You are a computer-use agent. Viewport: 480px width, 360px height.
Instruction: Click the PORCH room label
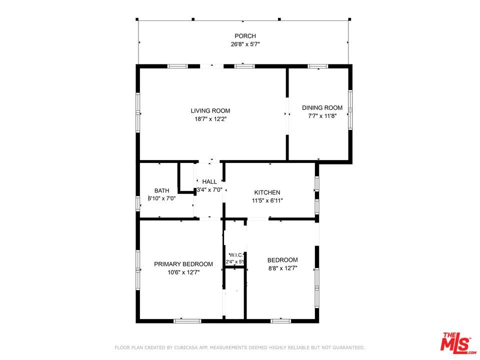pyautogui.click(x=245, y=36)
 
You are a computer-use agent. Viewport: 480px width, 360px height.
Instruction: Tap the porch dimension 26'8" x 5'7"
pyautogui.click(x=245, y=44)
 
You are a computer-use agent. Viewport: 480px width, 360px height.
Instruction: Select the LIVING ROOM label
pyautogui.click(x=210, y=111)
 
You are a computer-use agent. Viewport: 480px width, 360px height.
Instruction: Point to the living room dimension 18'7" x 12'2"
pyautogui.click(x=210, y=119)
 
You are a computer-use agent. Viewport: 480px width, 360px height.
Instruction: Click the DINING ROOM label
pyautogui.click(x=322, y=108)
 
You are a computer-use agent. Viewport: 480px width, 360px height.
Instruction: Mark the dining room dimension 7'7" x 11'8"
pyautogui.click(x=322, y=116)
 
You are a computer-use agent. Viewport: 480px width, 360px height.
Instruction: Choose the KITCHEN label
pyautogui.click(x=267, y=193)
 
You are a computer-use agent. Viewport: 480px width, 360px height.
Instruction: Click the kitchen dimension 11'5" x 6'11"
pyautogui.click(x=267, y=201)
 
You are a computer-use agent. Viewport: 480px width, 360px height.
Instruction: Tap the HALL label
pyautogui.click(x=209, y=181)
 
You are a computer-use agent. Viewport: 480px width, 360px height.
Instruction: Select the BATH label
pyautogui.click(x=161, y=190)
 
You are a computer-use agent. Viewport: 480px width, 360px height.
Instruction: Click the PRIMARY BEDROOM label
pyautogui.click(x=183, y=264)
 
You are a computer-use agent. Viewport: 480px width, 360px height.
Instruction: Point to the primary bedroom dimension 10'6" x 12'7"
pyautogui.click(x=183, y=272)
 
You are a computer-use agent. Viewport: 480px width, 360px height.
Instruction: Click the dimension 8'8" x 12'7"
pyautogui.click(x=282, y=268)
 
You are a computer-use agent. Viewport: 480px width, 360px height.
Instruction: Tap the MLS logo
pyautogui.click(x=456, y=343)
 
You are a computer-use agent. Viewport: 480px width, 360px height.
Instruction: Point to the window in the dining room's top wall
pyautogui.click(x=317, y=66)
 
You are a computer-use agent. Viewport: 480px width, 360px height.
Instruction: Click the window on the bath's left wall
pyautogui.click(x=138, y=203)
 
